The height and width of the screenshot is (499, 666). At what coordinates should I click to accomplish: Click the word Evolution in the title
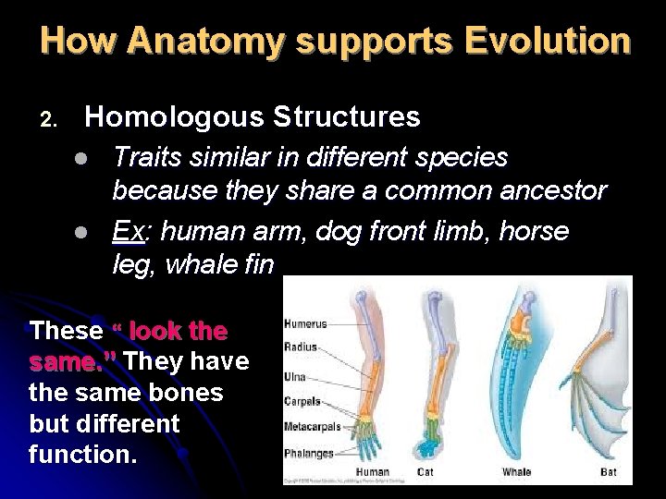[547, 42]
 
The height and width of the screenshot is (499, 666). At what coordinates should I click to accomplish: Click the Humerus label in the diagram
[304, 324]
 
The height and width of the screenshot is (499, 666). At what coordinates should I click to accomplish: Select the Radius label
[301, 347]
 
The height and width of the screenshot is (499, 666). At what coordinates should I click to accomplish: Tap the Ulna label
[296, 377]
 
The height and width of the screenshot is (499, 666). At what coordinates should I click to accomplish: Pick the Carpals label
[302, 402]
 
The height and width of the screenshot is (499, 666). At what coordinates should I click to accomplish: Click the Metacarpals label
[312, 427]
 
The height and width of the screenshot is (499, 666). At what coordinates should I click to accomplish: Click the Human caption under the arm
[372, 471]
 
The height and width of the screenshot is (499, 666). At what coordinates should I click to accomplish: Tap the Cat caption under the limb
[425, 471]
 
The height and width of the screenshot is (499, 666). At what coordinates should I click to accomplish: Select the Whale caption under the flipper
[516, 471]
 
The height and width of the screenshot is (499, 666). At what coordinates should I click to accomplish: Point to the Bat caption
[608, 471]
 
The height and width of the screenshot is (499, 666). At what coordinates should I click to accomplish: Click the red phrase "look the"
[178, 331]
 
